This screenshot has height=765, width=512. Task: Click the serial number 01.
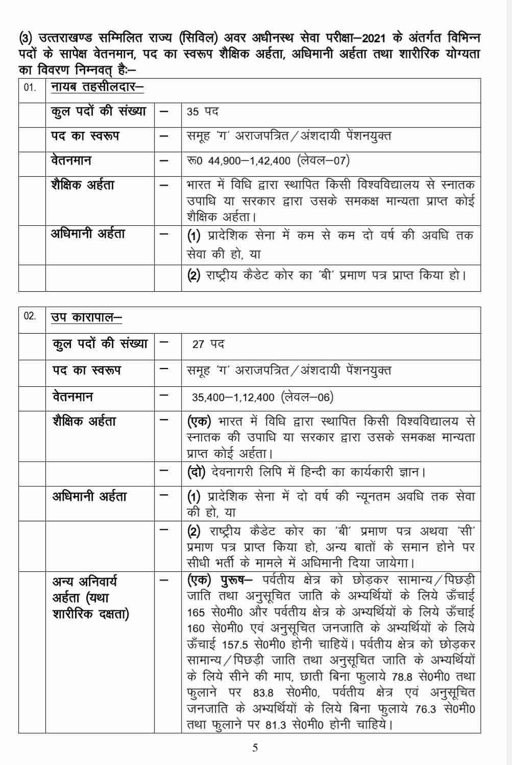pos(30,87)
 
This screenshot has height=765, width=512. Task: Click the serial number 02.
pos(30,316)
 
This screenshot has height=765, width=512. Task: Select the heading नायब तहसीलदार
pos(97,87)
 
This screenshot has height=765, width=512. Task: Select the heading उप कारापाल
pos(86,317)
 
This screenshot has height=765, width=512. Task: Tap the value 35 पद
pos(203,112)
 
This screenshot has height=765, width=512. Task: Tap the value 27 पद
pos(208,344)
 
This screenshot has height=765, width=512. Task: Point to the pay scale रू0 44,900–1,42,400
pos(239,161)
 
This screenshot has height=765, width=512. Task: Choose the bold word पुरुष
pos(233,581)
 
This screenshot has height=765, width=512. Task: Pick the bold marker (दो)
pos(197,472)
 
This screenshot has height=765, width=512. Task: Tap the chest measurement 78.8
pos(405,677)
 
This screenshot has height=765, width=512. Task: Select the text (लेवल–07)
pos(323,161)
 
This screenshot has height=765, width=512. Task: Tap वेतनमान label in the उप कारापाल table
pos(72,397)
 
